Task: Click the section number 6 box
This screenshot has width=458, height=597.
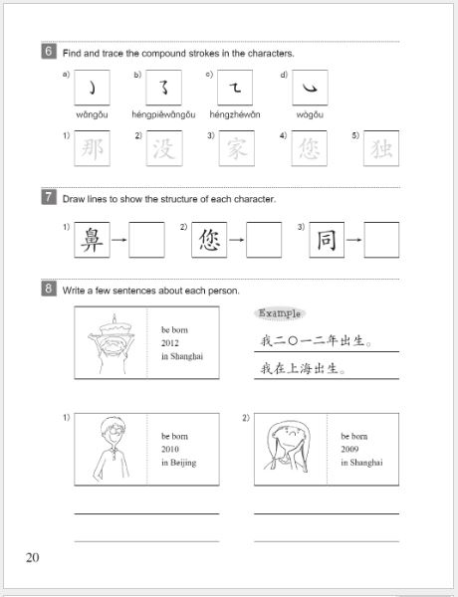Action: (48, 52)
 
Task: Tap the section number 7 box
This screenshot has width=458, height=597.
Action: (48, 198)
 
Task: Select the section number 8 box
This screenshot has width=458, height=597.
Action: (48, 290)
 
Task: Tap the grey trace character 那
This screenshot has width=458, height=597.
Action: (90, 149)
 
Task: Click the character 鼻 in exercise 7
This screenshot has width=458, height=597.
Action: (91, 240)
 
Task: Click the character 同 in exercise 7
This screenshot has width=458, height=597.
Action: (327, 240)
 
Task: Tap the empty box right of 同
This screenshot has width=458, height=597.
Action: (381, 240)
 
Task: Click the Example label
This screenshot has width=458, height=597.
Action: (280, 313)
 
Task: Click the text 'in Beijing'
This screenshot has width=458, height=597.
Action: (178, 463)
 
